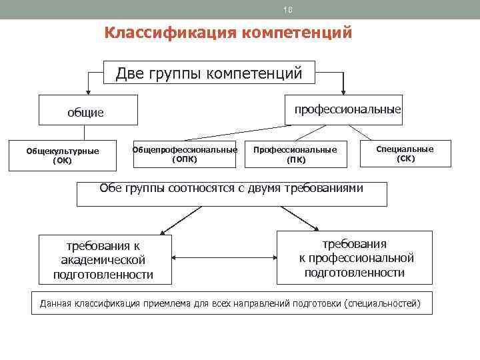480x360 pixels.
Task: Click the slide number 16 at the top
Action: tap(288, 9)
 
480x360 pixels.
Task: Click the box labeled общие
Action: tap(87, 111)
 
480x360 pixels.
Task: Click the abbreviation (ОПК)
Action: tap(184, 159)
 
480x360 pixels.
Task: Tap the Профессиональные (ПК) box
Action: tap(295, 155)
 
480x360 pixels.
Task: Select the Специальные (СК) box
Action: tap(405, 154)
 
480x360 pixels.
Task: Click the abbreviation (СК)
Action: tap(405, 159)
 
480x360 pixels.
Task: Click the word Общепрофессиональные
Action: tap(185, 150)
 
